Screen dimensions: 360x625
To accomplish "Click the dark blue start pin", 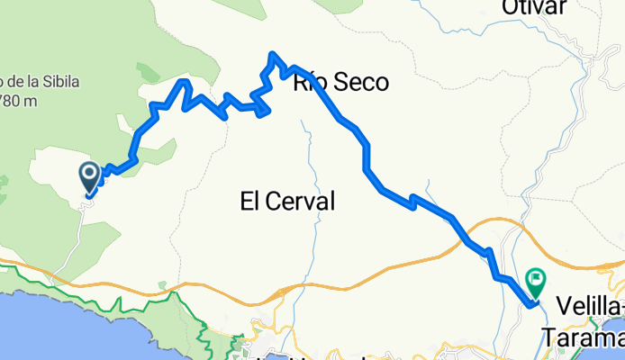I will pyautogui.click(x=91, y=174).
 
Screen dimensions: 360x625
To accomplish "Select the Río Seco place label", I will pyautogui.click(x=340, y=83).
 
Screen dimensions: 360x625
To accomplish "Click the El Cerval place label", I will pyautogui.click(x=287, y=202).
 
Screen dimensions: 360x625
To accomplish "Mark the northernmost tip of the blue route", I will pyautogui.click(x=272, y=55).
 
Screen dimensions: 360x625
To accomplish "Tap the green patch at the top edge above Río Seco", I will pyautogui.click(x=342, y=5).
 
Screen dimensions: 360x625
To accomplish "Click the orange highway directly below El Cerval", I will pyautogui.click(x=288, y=288).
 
